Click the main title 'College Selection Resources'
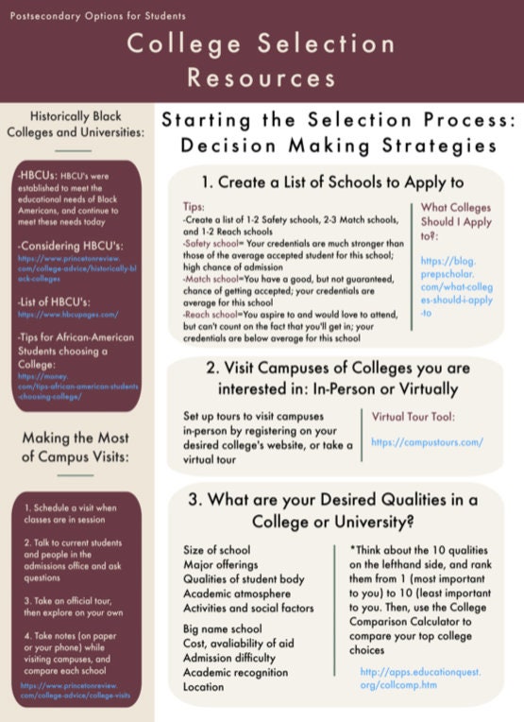pyautogui.click(x=262, y=59)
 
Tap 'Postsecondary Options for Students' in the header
pyautogui.click(x=99, y=16)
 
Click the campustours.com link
pyautogui.click(x=427, y=441)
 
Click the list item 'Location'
pyautogui.click(x=205, y=687)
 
